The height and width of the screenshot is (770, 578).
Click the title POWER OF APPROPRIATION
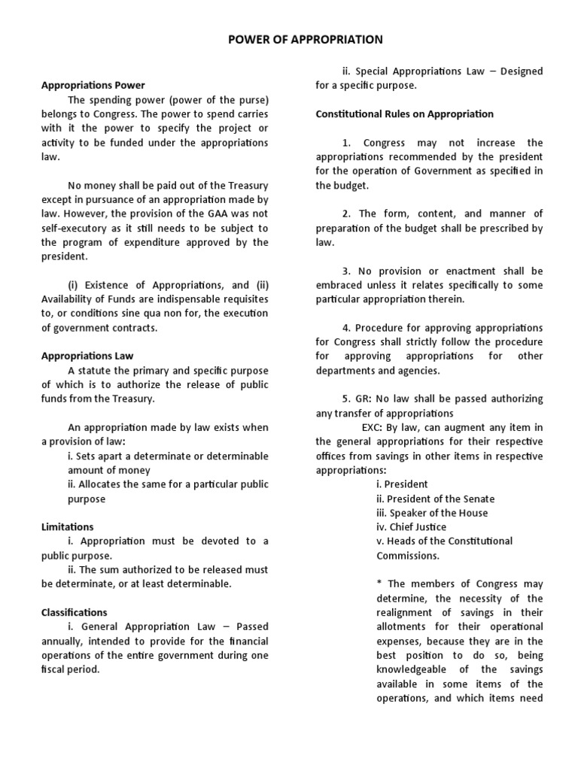point(306,39)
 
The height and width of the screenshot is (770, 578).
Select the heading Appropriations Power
point(93,86)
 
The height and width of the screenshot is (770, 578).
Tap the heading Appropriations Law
point(87,356)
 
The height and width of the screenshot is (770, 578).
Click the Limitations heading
point(67,526)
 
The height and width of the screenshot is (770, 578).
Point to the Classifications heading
point(74,612)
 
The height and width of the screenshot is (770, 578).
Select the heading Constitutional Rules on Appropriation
point(404,114)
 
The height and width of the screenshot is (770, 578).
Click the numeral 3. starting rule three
point(347,271)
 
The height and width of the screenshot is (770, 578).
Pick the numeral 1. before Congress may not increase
point(346,143)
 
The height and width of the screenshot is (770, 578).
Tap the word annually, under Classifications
point(65,641)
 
